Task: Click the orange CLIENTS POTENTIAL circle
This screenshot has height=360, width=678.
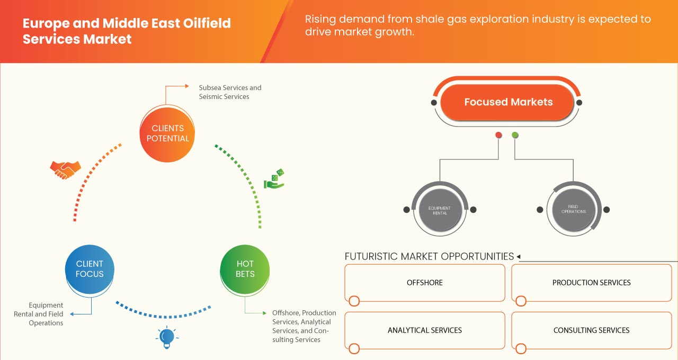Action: click(x=167, y=133)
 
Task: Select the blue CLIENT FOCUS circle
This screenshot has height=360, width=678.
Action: click(x=90, y=269)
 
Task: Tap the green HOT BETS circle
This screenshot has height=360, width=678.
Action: click(x=245, y=269)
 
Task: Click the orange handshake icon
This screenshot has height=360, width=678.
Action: click(x=65, y=169)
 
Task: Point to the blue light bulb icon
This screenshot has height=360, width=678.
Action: click(x=167, y=337)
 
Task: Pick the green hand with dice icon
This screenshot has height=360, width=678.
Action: click(x=274, y=179)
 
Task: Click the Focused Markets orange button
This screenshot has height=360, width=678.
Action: click(x=508, y=102)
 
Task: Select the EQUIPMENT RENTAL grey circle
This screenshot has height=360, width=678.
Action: click(x=440, y=210)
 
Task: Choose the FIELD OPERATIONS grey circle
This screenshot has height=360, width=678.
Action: click(x=574, y=209)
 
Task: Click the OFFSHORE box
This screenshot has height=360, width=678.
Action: click(x=425, y=283)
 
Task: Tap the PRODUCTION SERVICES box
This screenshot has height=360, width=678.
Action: click(x=591, y=283)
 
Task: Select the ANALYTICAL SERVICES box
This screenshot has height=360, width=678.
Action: click(x=425, y=330)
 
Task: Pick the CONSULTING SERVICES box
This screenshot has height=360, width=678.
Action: click(x=591, y=330)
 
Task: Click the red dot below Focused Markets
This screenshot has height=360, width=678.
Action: click(x=498, y=136)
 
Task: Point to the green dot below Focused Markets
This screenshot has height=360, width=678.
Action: click(x=515, y=136)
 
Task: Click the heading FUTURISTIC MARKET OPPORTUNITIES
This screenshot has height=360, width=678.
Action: click(x=429, y=257)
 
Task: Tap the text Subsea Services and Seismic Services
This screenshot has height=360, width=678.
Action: click(x=230, y=92)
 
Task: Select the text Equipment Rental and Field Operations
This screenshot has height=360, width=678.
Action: click(x=42, y=314)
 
